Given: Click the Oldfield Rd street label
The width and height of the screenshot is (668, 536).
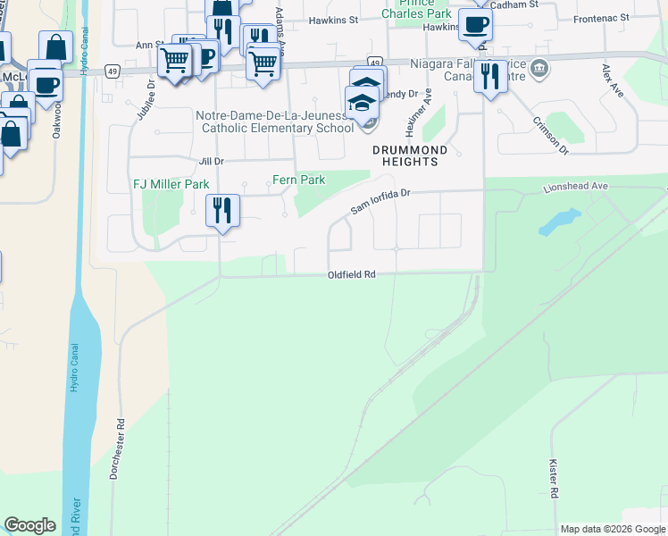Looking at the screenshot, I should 350,275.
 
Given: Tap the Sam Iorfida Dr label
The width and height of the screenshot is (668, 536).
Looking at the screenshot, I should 380,200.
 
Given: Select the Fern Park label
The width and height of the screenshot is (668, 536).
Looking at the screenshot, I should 299,180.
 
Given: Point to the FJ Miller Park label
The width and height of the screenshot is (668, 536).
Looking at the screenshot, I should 171,184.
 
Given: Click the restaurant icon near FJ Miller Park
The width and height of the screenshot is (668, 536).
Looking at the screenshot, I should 221,211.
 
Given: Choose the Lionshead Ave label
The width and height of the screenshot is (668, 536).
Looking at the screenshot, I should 575,187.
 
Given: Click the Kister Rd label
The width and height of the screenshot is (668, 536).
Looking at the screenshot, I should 554,480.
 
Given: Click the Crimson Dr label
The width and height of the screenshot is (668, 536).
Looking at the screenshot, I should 550,135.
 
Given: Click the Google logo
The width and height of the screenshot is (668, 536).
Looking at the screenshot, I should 30,525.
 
